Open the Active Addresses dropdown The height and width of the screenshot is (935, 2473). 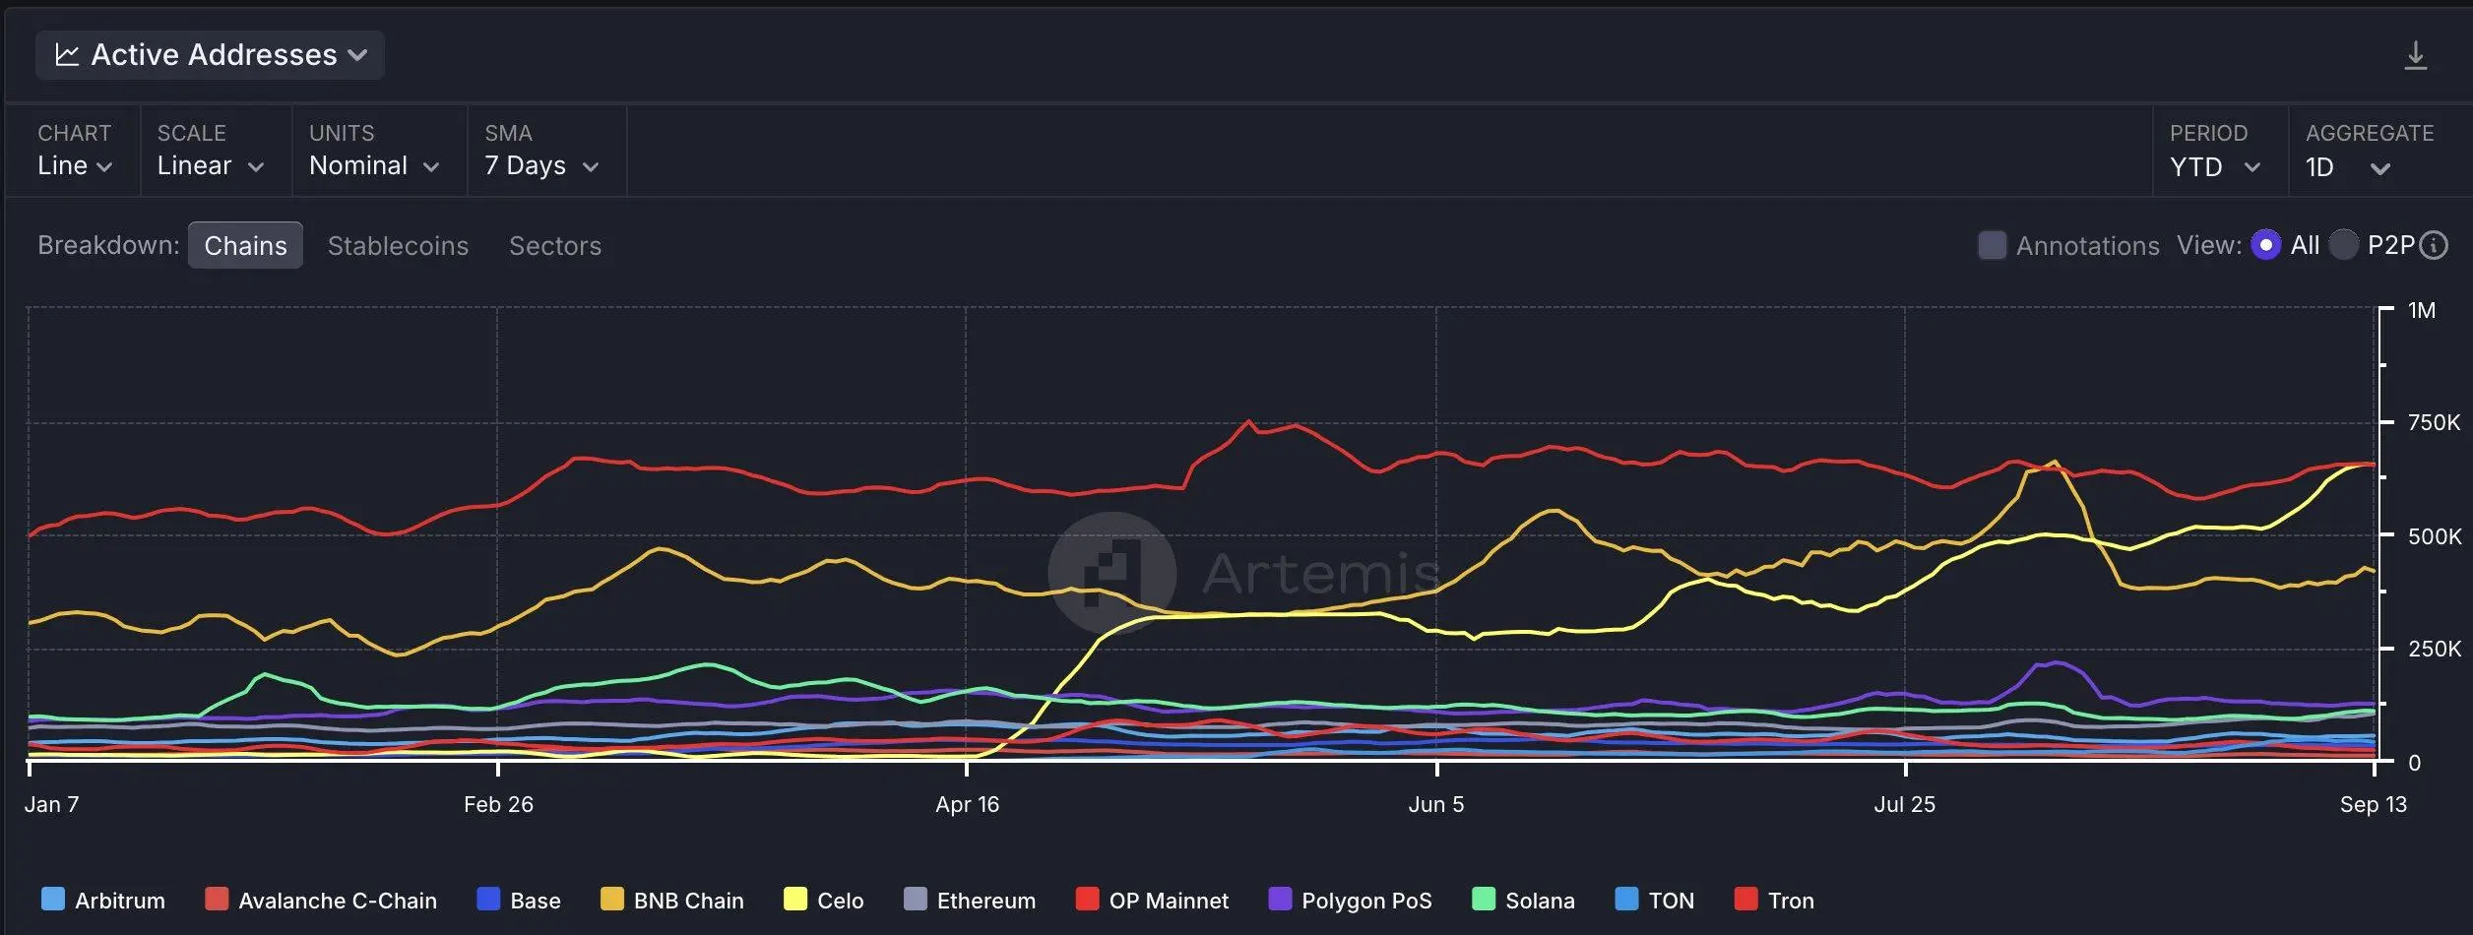point(210,55)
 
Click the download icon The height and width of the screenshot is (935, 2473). point(2415,55)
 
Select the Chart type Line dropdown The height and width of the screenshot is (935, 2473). point(75,165)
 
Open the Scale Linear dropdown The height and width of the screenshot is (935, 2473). point(211,165)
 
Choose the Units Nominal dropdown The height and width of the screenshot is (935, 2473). point(374,165)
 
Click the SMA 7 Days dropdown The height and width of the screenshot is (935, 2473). point(541,165)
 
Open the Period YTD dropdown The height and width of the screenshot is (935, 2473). point(2215,166)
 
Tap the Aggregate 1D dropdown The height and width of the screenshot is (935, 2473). point(2347,166)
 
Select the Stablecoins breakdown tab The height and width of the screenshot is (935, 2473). point(398,245)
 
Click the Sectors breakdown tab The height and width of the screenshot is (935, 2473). point(555,245)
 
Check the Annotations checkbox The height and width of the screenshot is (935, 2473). point(1992,245)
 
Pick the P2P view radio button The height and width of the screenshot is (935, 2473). point(2343,244)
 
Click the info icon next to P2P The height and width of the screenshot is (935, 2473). point(2434,245)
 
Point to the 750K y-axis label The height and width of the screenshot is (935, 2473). point(2434,422)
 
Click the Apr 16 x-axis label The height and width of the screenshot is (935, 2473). point(967,804)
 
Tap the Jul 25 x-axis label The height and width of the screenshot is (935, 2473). point(1904,804)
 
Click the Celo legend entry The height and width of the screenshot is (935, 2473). point(824,900)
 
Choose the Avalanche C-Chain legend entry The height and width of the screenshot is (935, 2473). point(321,900)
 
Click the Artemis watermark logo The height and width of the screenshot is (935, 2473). point(1112,573)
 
